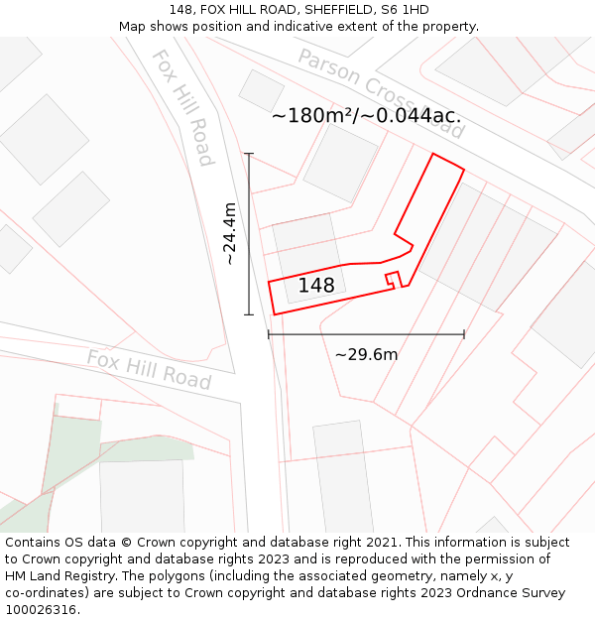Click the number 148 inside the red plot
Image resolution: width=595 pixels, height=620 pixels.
pyautogui.click(x=316, y=286)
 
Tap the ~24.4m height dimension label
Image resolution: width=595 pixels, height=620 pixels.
pyautogui.click(x=230, y=233)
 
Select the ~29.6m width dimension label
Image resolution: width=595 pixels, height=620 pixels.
pyautogui.click(x=366, y=354)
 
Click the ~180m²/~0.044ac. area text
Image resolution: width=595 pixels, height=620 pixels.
pyautogui.click(x=366, y=115)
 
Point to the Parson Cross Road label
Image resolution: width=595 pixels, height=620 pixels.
pyautogui.click(x=381, y=93)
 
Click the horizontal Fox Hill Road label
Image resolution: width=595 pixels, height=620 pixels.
pyautogui.click(x=149, y=369)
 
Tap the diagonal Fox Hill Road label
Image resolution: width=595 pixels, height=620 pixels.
pyautogui.click(x=182, y=107)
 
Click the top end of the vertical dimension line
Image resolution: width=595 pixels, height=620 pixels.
pyautogui.click(x=249, y=154)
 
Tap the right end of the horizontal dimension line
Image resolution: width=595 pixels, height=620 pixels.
pyautogui.click(x=464, y=334)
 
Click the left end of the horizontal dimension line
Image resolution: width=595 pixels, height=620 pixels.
pyautogui.click(x=269, y=334)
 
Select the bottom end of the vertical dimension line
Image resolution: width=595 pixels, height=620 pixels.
pyautogui.click(x=249, y=314)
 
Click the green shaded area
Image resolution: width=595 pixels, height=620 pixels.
pyautogui.click(x=71, y=441)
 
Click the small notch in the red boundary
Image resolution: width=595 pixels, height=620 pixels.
pyautogui.click(x=393, y=279)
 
